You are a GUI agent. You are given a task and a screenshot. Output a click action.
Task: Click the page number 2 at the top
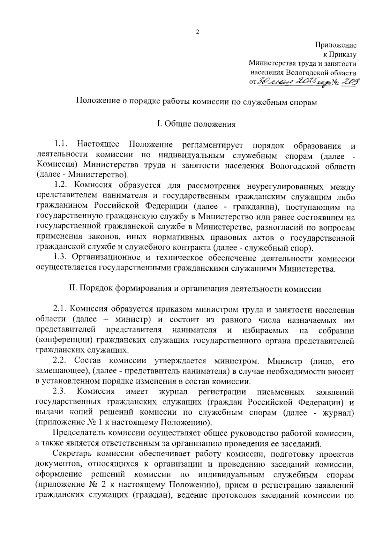tap(198, 32)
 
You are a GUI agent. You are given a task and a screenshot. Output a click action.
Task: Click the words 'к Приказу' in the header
tap(340, 55)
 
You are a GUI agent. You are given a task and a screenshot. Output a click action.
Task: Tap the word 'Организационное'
tap(107, 258)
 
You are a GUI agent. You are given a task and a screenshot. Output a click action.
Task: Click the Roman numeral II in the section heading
tap(72, 289)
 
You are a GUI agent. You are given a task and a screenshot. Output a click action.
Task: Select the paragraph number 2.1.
tap(60, 309)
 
